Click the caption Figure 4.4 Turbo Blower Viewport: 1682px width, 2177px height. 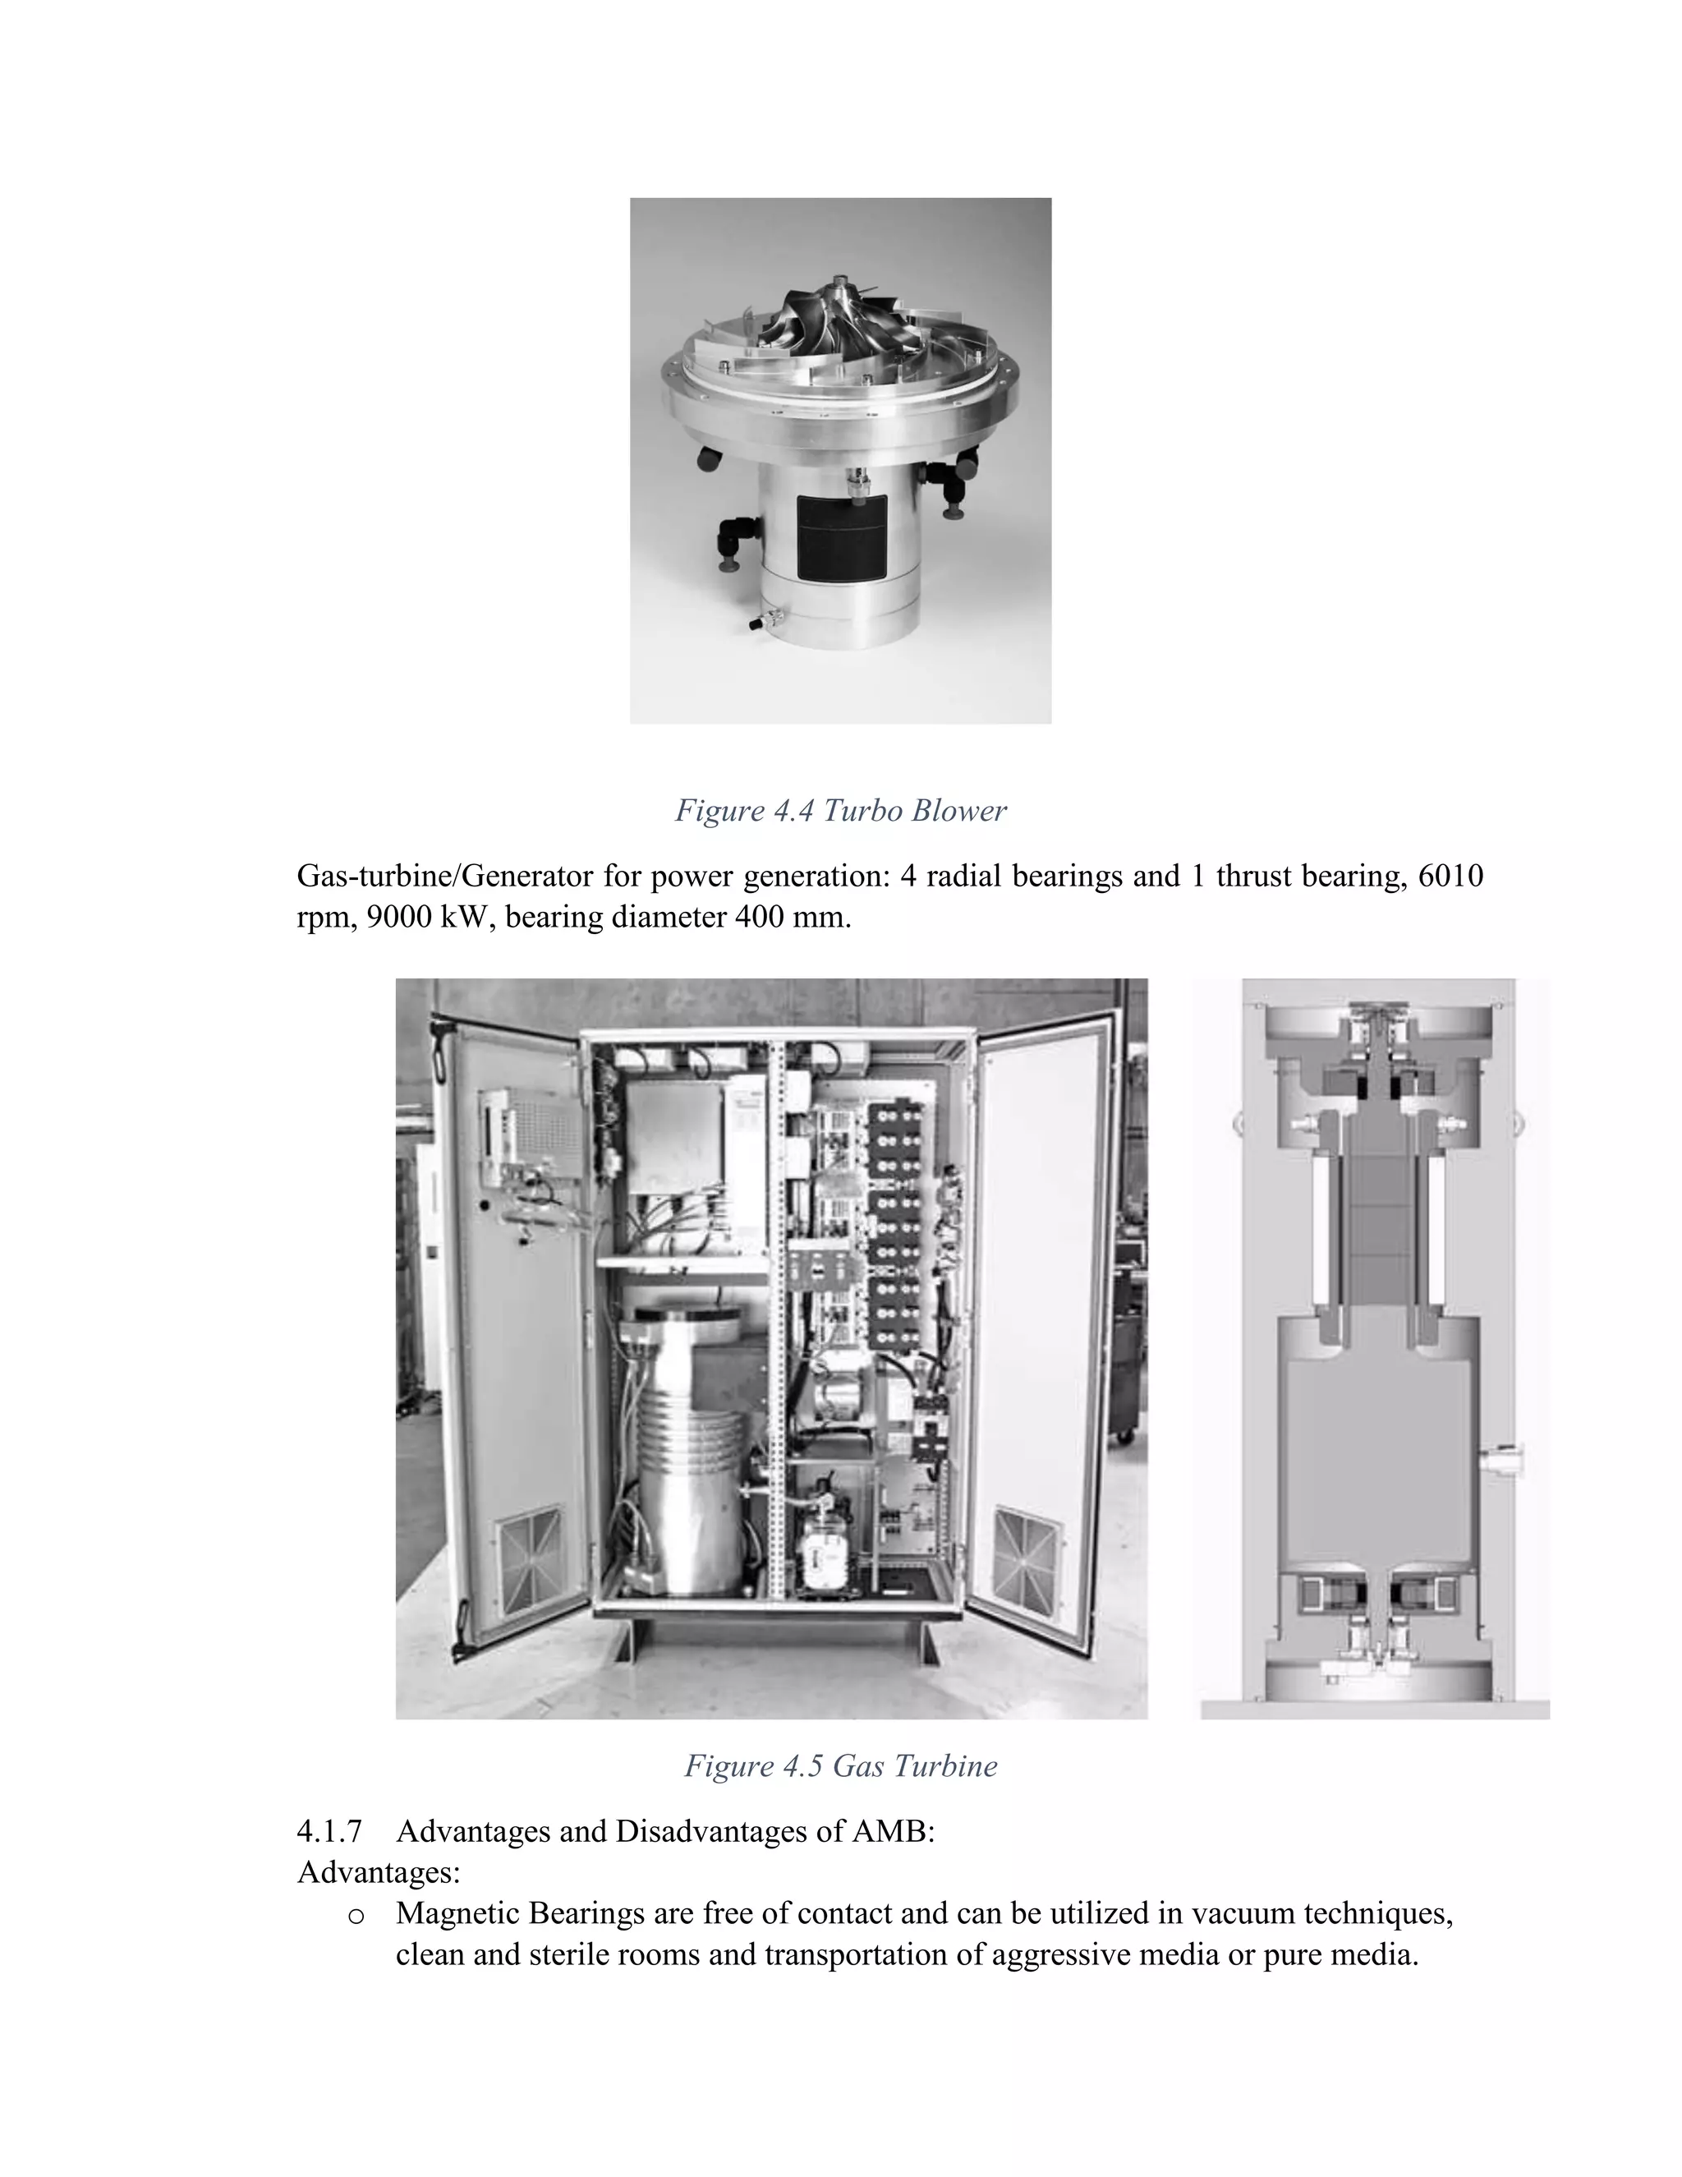pos(840,810)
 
